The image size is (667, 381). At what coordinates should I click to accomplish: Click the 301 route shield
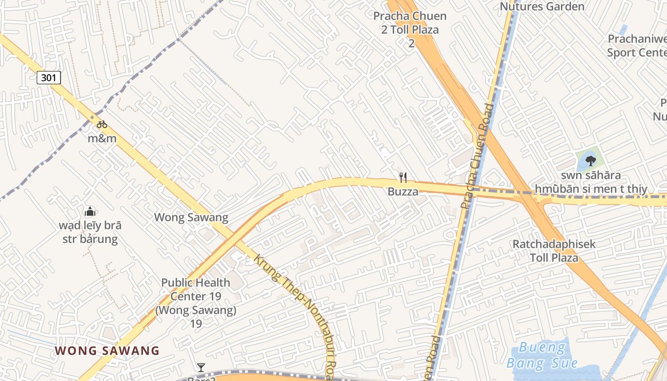[49, 77]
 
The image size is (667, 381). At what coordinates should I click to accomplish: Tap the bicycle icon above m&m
[101, 125]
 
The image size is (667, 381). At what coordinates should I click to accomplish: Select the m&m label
[102, 139]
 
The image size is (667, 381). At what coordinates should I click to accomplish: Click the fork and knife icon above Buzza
[403, 178]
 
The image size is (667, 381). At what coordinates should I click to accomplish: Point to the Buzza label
[403, 192]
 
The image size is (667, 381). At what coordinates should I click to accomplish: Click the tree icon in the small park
[590, 160]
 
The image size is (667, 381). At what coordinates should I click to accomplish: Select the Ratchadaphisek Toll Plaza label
[554, 251]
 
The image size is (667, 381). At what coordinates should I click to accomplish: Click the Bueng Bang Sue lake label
[542, 355]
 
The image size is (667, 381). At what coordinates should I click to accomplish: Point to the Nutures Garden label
[542, 7]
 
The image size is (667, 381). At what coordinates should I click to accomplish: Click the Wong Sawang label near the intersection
[191, 218]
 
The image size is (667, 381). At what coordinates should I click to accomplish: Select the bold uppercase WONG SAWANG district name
[107, 351]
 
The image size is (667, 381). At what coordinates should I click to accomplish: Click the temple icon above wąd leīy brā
[90, 211]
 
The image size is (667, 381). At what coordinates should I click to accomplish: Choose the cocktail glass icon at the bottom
[201, 367]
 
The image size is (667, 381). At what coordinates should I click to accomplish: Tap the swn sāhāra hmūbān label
[591, 182]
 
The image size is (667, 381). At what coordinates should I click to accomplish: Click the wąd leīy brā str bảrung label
[90, 232]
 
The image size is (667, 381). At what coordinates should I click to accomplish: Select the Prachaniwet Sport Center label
[637, 45]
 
